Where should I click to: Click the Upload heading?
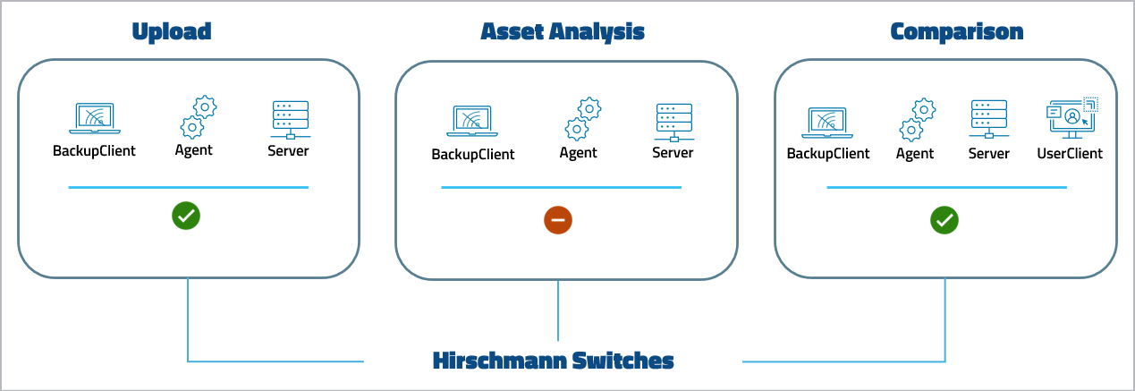tap(171, 32)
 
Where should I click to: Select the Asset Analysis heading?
tap(563, 32)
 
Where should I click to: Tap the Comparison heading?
tap(956, 32)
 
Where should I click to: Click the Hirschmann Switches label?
tap(553, 361)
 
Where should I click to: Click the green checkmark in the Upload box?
tap(186, 216)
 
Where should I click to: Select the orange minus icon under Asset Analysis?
tap(558, 219)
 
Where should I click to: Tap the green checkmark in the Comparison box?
tap(944, 219)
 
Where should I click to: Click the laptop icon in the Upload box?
tap(94, 119)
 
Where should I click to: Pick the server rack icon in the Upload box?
tap(289, 119)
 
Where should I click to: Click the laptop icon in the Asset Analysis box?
tap(473, 123)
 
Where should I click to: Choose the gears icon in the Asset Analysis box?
tap(582, 119)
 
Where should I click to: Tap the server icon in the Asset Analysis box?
tap(673, 122)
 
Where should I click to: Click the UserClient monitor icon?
tap(1071, 118)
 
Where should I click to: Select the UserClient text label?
tap(1070, 153)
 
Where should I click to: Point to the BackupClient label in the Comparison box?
tap(827, 153)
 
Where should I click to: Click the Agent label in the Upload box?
tap(193, 150)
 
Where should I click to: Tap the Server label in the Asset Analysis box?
tap(673, 153)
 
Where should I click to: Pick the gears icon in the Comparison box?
tap(917, 119)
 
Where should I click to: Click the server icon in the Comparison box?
tap(988, 120)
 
